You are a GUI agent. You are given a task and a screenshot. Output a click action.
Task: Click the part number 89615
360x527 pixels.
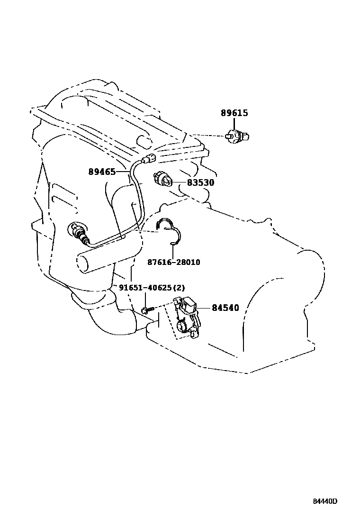pyautogui.click(x=234, y=113)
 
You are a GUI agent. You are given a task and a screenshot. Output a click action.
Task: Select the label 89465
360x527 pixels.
pyautogui.click(x=102, y=172)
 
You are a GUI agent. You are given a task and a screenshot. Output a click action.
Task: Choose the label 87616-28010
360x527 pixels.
pyautogui.click(x=174, y=262)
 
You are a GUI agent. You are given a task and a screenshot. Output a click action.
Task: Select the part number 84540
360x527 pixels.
pyautogui.click(x=225, y=308)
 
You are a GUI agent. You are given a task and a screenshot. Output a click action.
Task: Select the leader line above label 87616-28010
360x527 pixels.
pyautogui.click(x=173, y=250)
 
